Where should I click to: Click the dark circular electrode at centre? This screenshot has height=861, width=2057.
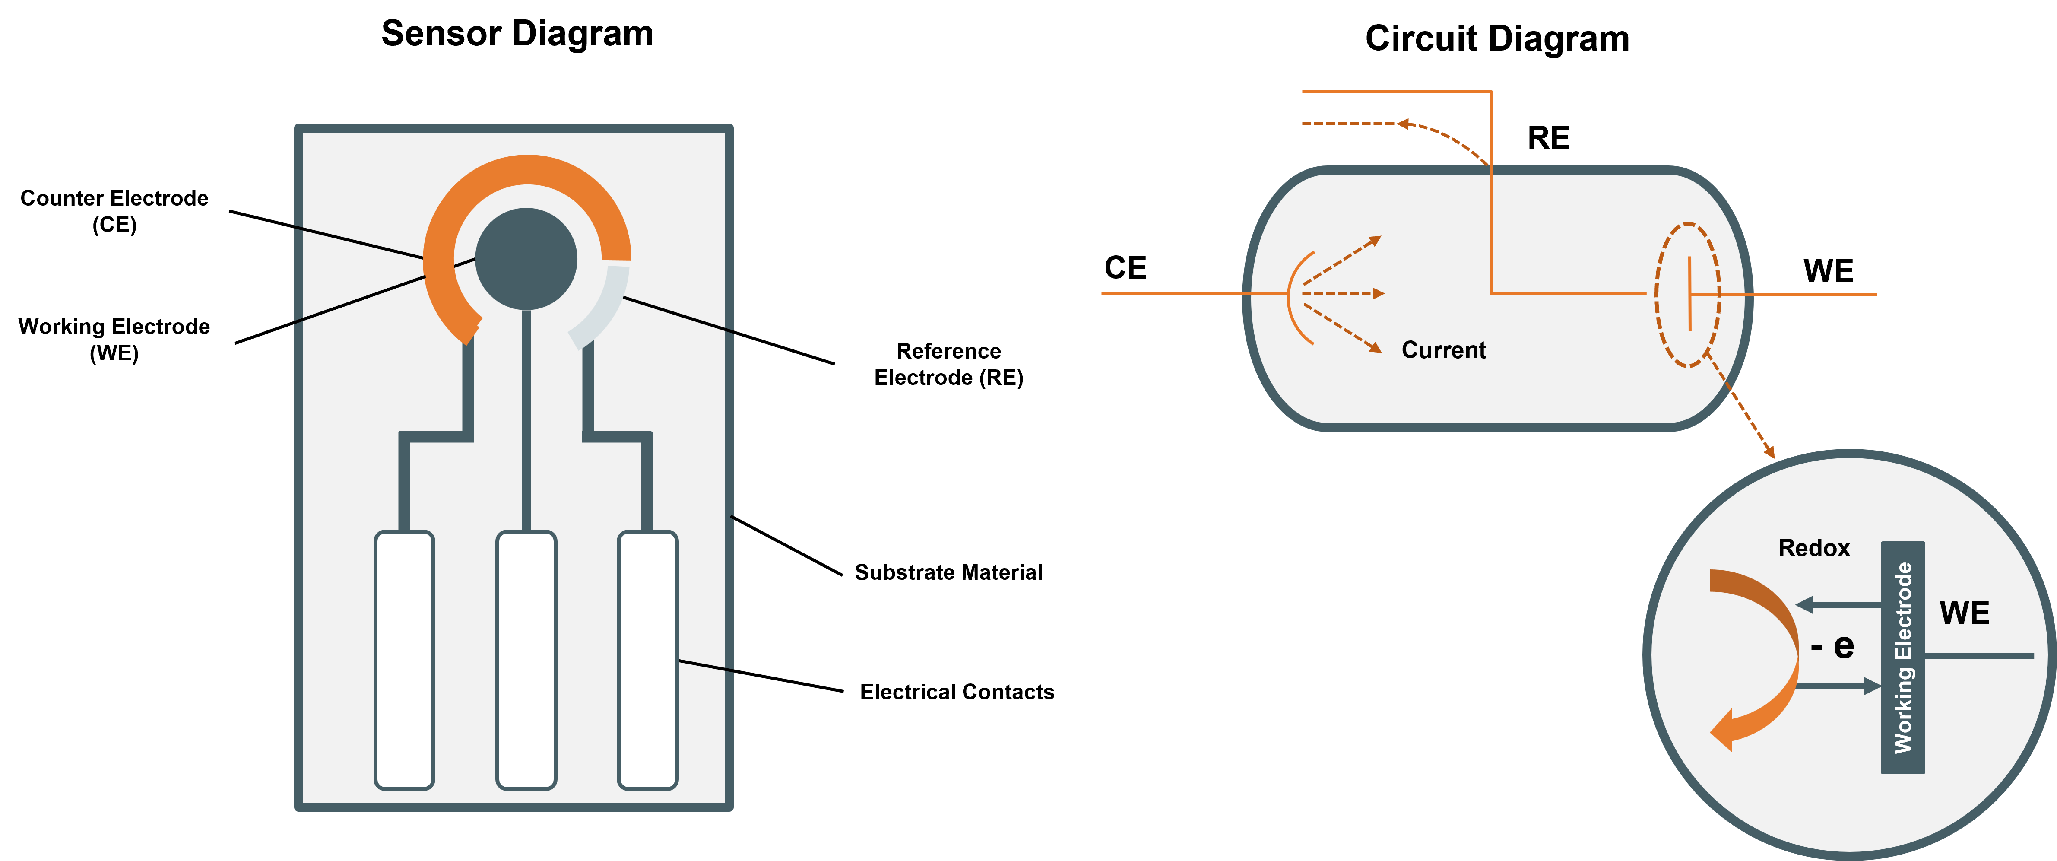(526, 259)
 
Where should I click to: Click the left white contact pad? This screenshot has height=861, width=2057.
(404, 660)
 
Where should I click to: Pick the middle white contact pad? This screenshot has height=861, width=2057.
(526, 660)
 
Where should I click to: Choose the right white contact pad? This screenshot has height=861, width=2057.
(648, 660)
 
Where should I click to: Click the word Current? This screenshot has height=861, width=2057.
(1444, 350)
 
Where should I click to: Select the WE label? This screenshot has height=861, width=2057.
(1965, 613)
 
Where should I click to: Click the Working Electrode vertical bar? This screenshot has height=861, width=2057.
(1903, 658)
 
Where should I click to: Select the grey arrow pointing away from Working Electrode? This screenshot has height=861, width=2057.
(1837, 605)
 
